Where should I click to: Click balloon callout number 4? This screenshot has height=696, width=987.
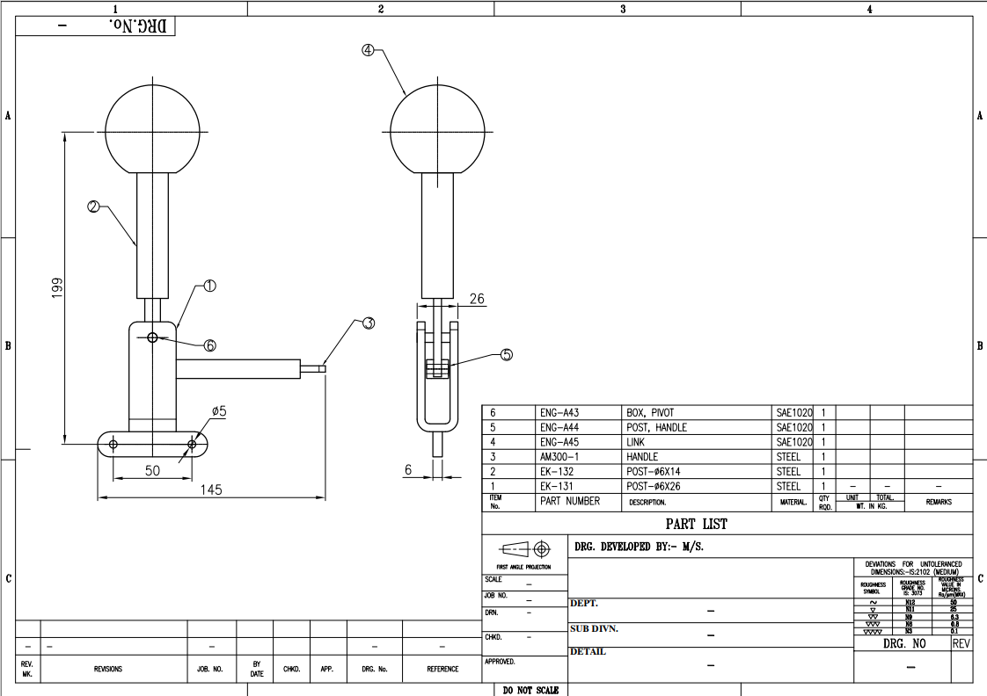point(368,50)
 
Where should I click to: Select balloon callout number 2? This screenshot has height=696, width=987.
point(92,207)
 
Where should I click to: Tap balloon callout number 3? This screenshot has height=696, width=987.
point(369,323)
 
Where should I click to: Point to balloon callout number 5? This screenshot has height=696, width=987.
point(506,355)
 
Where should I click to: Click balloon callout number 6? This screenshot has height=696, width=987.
point(209,345)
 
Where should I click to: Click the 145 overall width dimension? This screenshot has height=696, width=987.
point(210,489)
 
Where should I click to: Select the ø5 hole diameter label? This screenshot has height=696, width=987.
point(219,410)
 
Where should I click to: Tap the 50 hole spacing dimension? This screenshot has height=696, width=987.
point(152,471)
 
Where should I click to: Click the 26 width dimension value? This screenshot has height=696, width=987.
point(476,299)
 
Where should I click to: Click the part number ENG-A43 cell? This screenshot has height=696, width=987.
point(559,412)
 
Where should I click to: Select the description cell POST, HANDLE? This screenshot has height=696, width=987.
point(656,427)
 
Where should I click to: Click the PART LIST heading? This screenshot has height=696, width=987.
point(696,524)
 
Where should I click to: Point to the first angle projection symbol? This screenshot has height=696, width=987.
point(525,550)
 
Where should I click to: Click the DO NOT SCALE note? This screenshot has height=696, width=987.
point(530,690)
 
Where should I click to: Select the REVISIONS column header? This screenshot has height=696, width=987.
point(108,669)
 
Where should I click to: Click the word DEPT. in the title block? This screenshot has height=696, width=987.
point(584,604)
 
